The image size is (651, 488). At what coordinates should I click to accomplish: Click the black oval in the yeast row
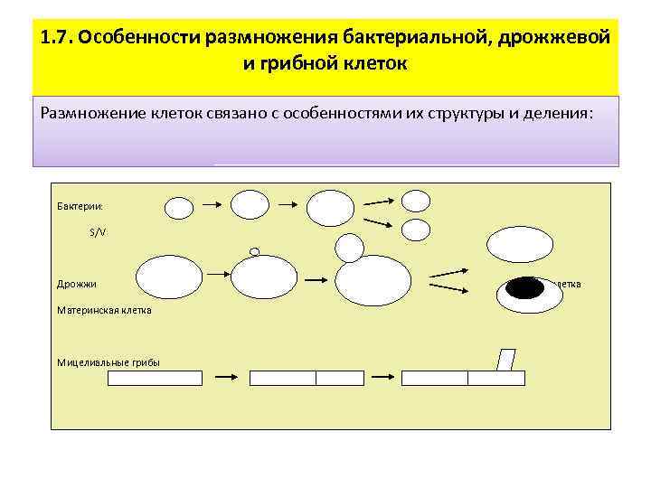click(525, 288)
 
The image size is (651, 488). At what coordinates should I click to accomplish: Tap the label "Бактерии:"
click(80, 207)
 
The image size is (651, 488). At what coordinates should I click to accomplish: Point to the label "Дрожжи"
click(77, 284)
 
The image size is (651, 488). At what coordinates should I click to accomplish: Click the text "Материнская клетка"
click(104, 310)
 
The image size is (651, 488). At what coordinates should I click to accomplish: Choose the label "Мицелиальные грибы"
click(108, 362)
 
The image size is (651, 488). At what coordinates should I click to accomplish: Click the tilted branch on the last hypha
click(505, 360)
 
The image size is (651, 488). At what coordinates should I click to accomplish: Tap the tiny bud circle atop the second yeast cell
click(254, 251)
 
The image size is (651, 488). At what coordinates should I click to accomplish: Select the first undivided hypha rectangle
click(155, 379)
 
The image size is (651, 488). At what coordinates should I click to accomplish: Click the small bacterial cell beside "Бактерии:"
click(179, 208)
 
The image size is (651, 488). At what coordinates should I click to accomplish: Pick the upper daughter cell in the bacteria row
click(415, 200)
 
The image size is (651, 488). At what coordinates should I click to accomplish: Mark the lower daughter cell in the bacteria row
click(415, 230)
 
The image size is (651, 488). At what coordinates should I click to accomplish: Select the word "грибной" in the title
click(308, 65)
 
